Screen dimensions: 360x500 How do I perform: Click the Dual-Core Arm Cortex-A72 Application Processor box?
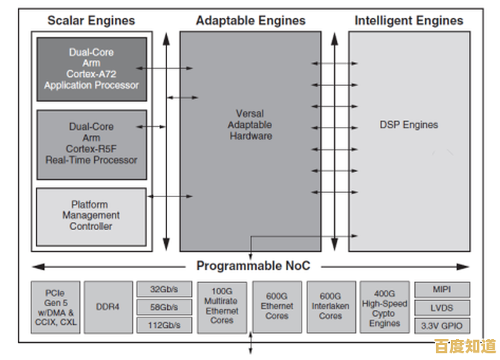click(91, 69)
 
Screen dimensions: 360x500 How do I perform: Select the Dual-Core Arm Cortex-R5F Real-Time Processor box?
click(91, 143)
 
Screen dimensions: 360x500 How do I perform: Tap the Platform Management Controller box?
click(90, 216)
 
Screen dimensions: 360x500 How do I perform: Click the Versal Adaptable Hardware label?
click(250, 125)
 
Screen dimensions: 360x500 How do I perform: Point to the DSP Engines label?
click(409, 125)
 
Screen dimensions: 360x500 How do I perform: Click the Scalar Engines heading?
click(91, 20)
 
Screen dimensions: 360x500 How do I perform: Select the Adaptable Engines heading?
click(250, 20)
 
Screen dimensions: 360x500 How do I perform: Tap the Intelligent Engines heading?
click(408, 20)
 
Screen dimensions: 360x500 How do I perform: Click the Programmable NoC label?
click(253, 266)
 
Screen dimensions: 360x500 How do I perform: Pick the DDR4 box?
click(108, 307)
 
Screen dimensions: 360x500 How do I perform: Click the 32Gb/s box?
click(163, 289)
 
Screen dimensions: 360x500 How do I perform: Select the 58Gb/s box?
click(163, 307)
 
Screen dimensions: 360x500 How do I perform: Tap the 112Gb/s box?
click(163, 325)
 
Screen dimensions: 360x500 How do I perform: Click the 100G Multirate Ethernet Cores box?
click(222, 307)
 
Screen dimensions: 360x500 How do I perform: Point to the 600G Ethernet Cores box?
click(277, 307)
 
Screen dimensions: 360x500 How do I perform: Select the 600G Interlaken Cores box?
click(331, 307)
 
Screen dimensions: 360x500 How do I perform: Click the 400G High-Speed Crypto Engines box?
click(384, 307)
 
